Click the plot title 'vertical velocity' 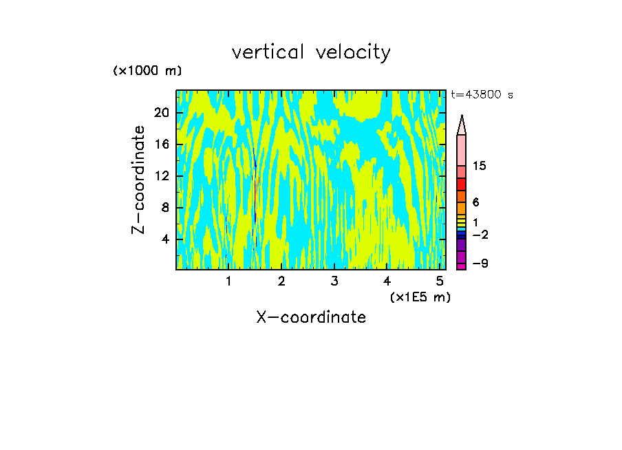coord(311,52)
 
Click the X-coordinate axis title coord(311,317)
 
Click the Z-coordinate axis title coord(140,180)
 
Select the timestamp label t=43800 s coord(482,95)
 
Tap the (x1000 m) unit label coord(147,71)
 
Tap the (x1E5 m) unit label coord(420,297)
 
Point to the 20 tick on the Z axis coord(161,113)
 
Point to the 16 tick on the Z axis coord(161,144)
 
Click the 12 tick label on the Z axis coord(161,176)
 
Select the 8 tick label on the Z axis coord(164,208)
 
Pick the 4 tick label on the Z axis coord(164,239)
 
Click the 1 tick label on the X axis coord(228,281)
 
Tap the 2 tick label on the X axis coord(281,281)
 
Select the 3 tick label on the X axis coord(334,281)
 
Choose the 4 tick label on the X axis coord(387,281)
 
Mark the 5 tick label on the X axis coord(440,281)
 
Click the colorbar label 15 coord(480,166)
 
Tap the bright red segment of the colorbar coord(462,184)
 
